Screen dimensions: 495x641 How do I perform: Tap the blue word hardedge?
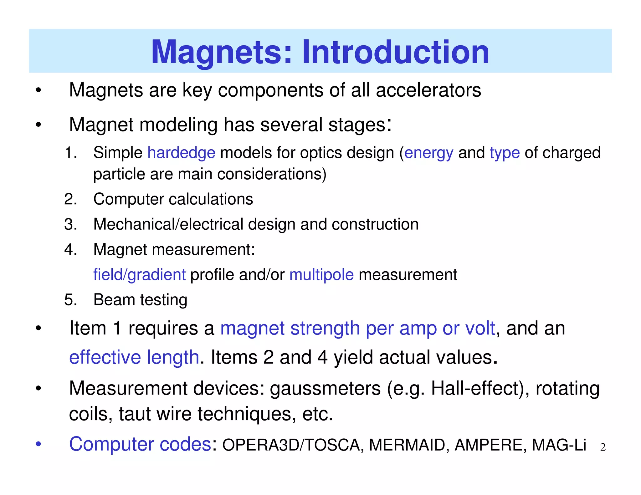tap(181, 153)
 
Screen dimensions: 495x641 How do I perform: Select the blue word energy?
tap(428, 153)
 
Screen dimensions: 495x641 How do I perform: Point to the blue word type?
tap(505, 153)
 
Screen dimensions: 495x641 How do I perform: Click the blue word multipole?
tap(321, 275)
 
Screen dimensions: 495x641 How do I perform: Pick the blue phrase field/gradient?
tap(140, 275)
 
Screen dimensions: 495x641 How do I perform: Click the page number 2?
tap(603, 447)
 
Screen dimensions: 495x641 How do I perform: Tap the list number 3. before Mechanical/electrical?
tap(70, 224)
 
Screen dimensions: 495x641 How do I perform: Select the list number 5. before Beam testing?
tap(70, 300)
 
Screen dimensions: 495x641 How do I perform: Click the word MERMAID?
tap(407, 445)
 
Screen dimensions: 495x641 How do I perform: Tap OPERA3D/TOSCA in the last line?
tap(291, 445)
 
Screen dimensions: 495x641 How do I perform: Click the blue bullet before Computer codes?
tap(38, 444)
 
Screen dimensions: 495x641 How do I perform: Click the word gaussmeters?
tap(325, 389)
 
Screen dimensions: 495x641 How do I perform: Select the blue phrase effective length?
tap(134, 357)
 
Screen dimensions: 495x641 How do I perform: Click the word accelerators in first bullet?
tap(428, 90)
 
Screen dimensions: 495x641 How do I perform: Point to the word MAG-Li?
tap(559, 445)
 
